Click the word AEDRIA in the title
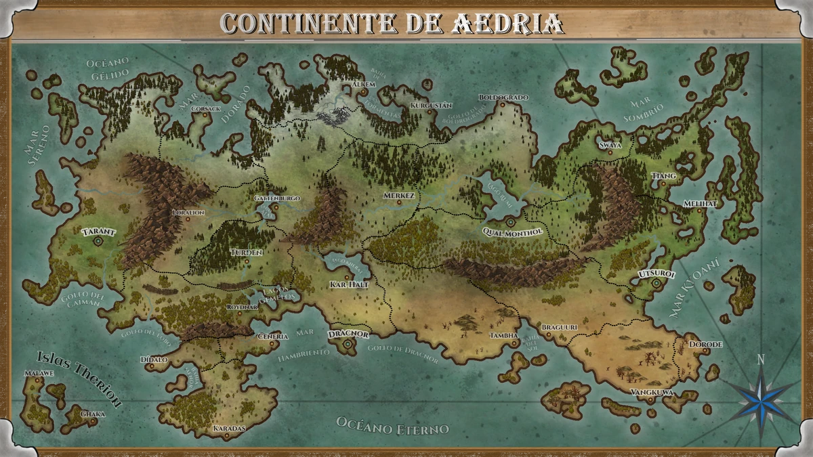[x=505, y=24]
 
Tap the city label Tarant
[x=98, y=232]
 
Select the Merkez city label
[x=398, y=195]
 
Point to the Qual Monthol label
[x=512, y=232]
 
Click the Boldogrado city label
[x=503, y=97]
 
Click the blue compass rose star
[x=761, y=396]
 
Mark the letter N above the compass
[x=761, y=360]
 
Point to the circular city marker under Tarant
[x=98, y=240]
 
